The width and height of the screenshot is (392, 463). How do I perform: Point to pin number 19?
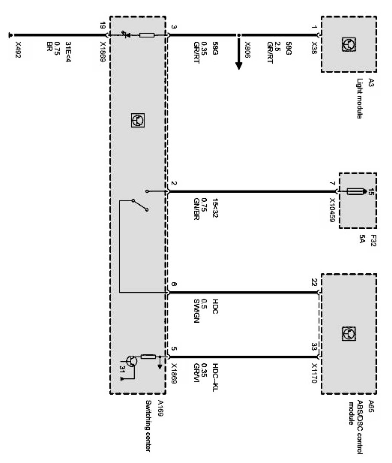click(x=102, y=27)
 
